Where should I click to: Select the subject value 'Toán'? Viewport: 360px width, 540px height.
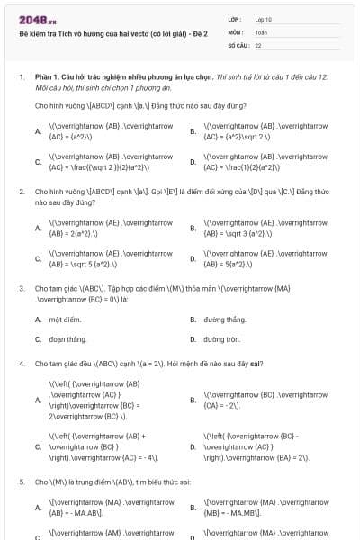[261, 31]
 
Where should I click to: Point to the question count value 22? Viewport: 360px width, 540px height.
[258, 44]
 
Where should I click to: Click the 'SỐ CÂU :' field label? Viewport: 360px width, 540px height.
[238, 44]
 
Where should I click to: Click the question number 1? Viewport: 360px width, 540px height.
[21, 78]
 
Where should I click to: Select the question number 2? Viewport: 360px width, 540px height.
[21, 192]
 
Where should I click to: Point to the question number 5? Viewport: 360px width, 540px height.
[21, 481]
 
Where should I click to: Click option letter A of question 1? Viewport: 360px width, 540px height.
[38, 131]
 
